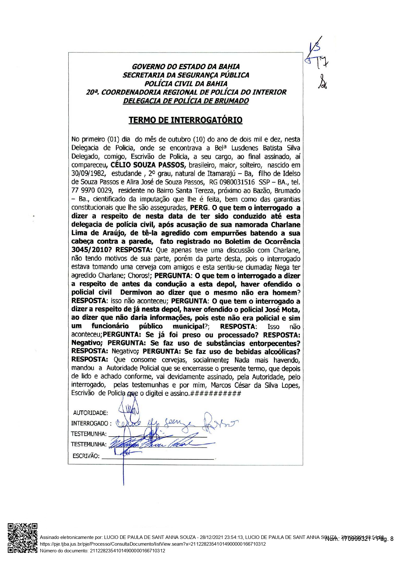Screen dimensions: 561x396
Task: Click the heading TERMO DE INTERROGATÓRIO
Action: pos(185,120)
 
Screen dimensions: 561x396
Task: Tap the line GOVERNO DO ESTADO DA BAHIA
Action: pos(186,67)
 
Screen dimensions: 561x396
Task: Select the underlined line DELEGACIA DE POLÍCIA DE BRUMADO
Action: pos(186,101)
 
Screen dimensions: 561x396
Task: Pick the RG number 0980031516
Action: pos(236,183)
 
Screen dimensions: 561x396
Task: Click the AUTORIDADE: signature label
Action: pos(90,413)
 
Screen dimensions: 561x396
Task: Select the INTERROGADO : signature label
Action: pos(91,424)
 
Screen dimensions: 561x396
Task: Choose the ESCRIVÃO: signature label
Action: pos(86,456)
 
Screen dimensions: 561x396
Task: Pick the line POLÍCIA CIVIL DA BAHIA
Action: pos(186,84)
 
